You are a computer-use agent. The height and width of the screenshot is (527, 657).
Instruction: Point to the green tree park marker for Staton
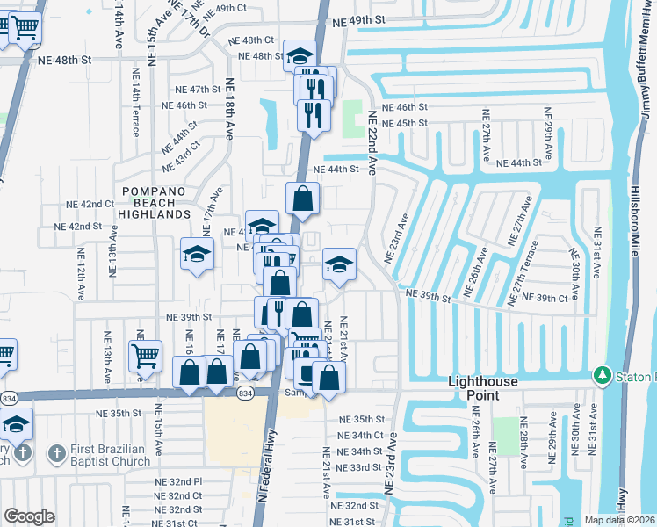click(x=603, y=376)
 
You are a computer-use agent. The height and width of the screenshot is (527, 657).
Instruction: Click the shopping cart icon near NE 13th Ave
click(x=146, y=355)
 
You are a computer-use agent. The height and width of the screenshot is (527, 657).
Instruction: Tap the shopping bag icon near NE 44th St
click(x=302, y=198)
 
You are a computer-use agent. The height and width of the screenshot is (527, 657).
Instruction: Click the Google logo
click(x=29, y=516)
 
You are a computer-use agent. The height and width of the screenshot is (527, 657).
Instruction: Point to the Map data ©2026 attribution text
click(x=619, y=520)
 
